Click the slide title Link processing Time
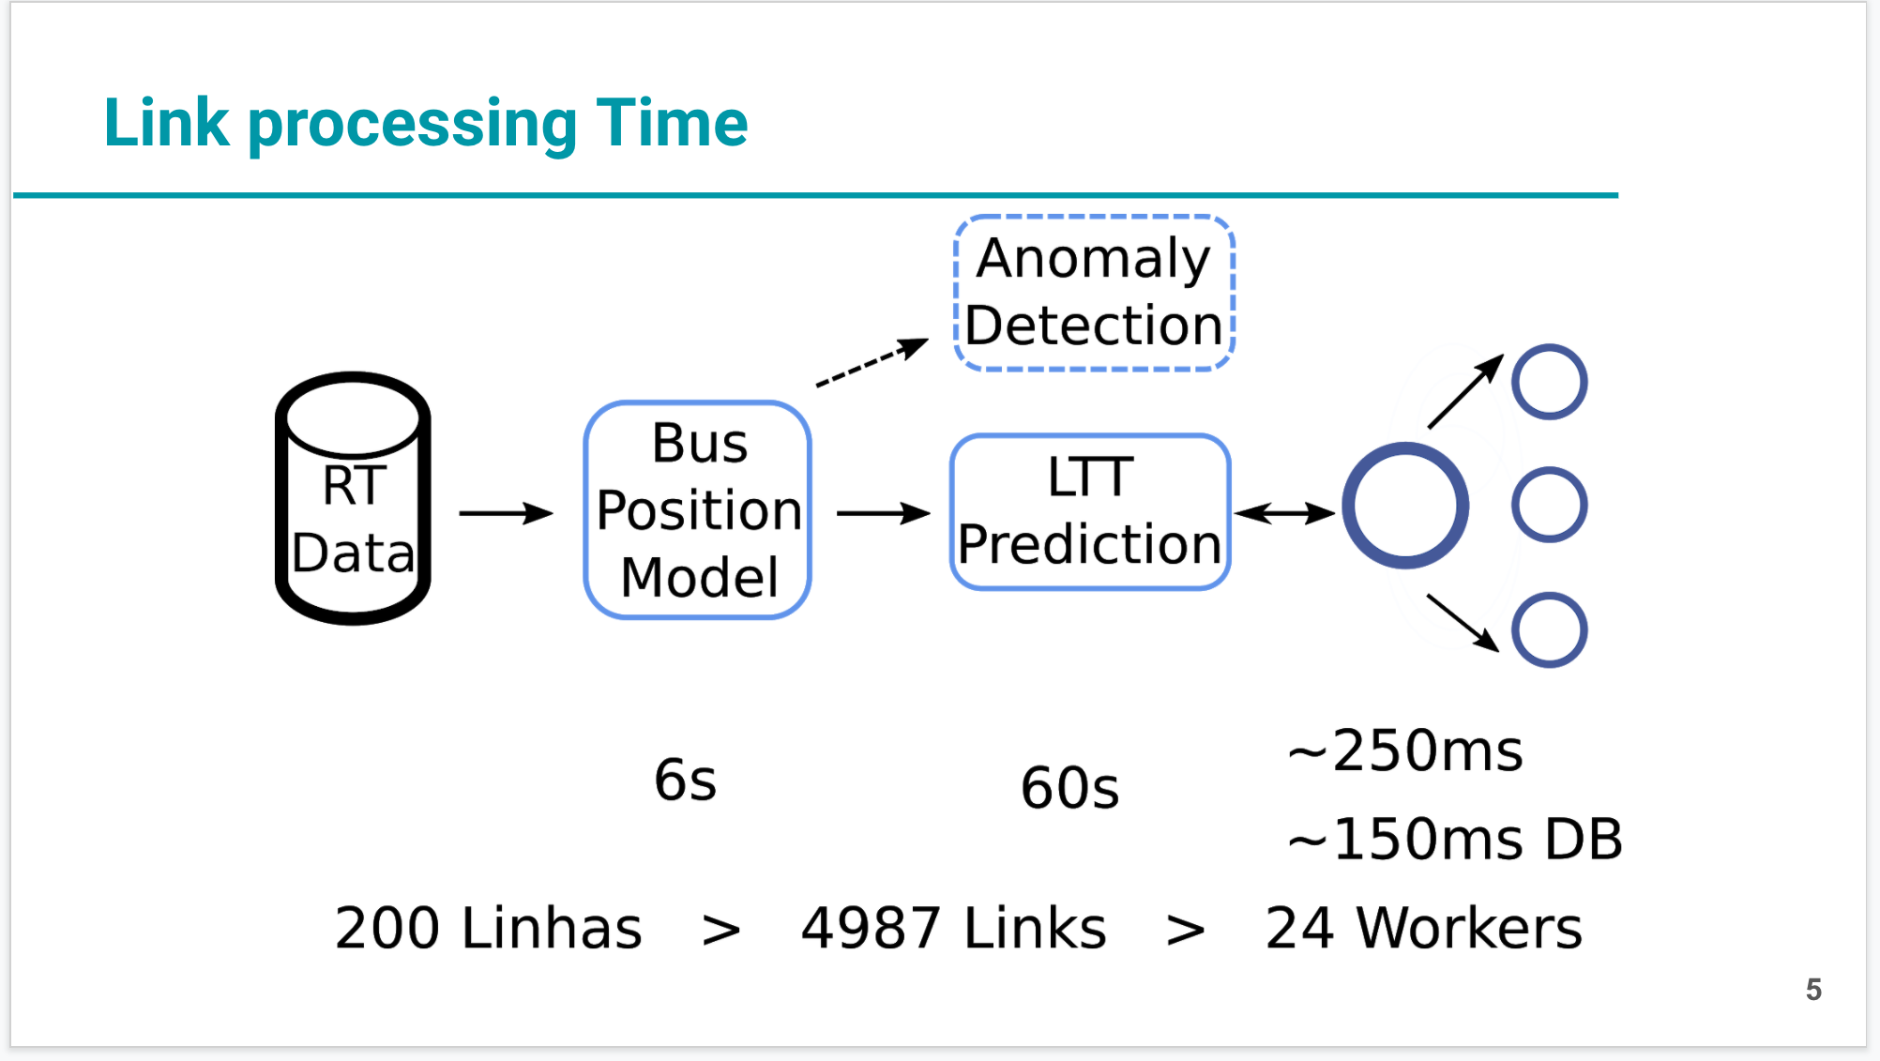(x=426, y=123)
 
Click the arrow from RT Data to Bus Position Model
(x=506, y=513)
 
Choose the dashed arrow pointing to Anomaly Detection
(x=872, y=362)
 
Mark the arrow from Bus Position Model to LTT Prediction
(x=883, y=513)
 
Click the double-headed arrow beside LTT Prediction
(x=1284, y=513)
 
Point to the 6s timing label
(x=686, y=780)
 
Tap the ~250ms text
(x=1405, y=750)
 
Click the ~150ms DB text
(x=1455, y=838)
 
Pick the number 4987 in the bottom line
(x=871, y=928)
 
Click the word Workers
(x=1470, y=928)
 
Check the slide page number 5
(x=1813, y=989)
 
